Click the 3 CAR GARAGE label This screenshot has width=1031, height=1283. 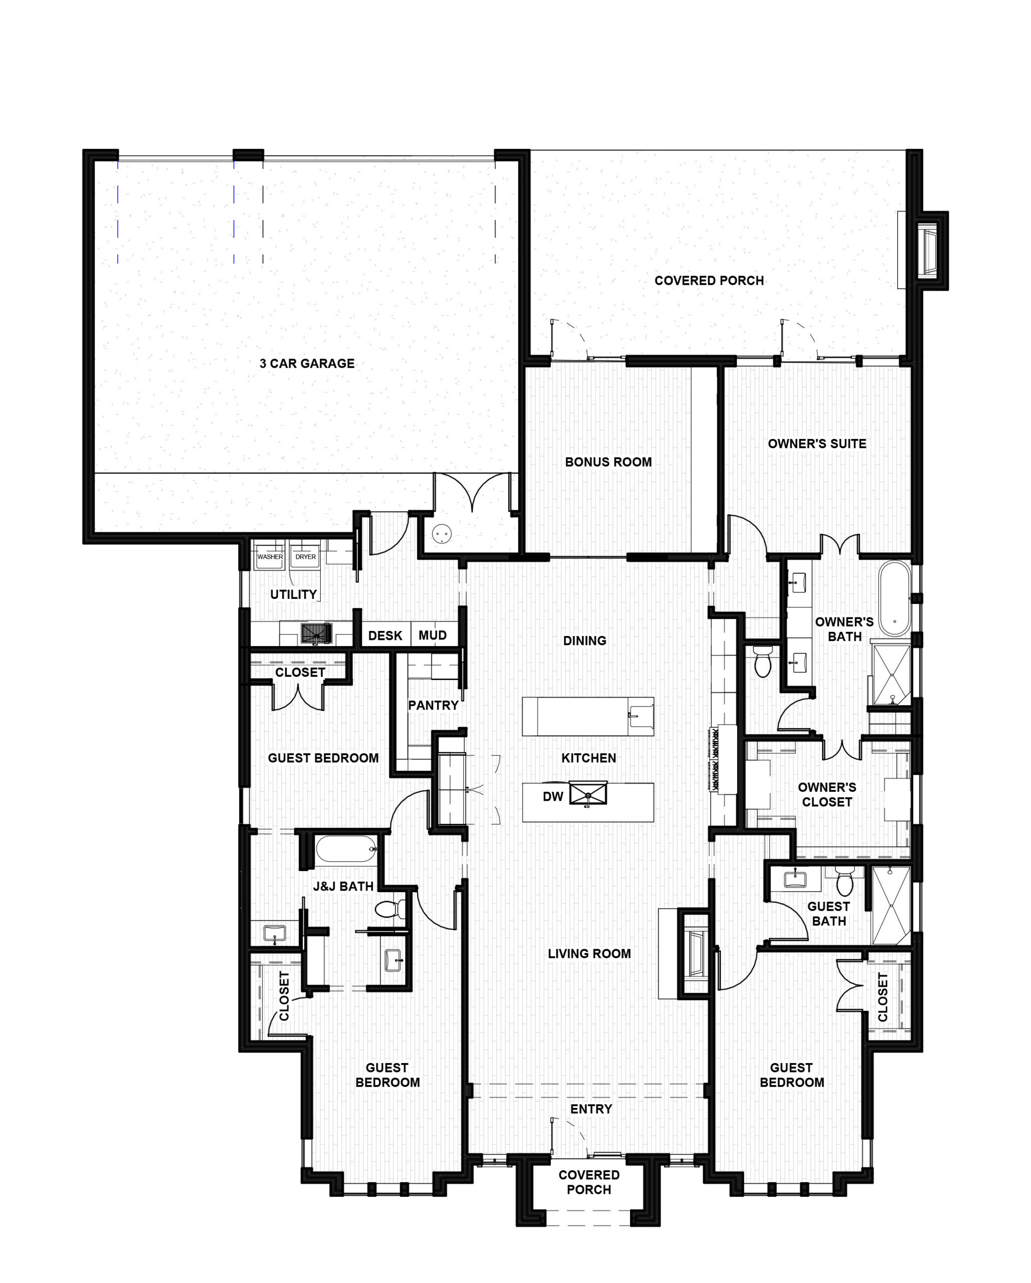[307, 363]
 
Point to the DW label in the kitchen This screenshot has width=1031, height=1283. [552, 797]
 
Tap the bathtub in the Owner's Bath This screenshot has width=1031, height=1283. [895, 598]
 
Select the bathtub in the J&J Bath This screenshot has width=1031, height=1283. [346, 849]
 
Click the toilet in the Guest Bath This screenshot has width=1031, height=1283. [845, 881]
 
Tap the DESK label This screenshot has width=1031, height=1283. [385, 635]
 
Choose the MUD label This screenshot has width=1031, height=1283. [432, 635]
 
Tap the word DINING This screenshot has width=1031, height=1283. [584, 641]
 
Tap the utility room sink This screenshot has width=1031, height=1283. [317, 633]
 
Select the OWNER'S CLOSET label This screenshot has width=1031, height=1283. [827, 794]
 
